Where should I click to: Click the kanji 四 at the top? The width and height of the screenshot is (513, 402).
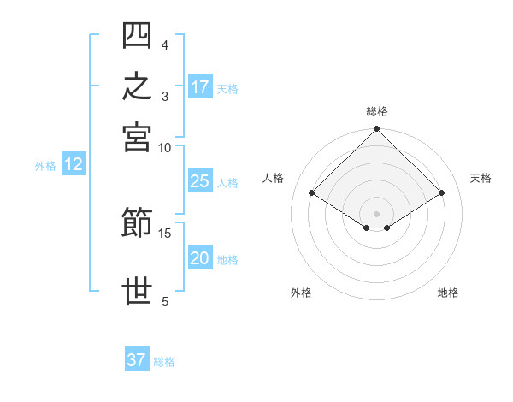[x=137, y=35]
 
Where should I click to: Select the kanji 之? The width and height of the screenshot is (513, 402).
[x=137, y=86]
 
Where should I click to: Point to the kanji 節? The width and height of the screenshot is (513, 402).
[x=137, y=222]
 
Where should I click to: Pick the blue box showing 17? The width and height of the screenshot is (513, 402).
[x=200, y=86]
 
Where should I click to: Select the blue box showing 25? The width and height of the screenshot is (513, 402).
[x=200, y=180]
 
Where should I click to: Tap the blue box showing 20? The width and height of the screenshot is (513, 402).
[x=200, y=257]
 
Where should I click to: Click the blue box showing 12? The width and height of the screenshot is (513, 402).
[x=74, y=163]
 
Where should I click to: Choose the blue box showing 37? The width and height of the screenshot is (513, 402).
[x=137, y=358]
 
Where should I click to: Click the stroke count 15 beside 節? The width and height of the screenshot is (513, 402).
[x=164, y=234]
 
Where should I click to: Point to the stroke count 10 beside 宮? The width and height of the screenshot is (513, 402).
[x=164, y=148]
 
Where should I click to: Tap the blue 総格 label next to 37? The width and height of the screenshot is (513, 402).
[x=164, y=362]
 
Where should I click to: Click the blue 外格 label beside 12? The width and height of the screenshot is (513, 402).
[x=45, y=166]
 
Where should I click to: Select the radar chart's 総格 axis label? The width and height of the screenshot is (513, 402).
[x=377, y=111]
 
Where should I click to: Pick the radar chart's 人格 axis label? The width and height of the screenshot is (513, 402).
[x=273, y=178]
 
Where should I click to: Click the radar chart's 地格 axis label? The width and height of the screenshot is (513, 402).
[x=448, y=293]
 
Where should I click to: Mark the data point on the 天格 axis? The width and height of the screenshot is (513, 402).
[x=441, y=192]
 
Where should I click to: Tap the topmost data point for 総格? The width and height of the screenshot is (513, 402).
[x=376, y=128]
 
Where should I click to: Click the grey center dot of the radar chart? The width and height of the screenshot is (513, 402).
[x=376, y=214]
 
